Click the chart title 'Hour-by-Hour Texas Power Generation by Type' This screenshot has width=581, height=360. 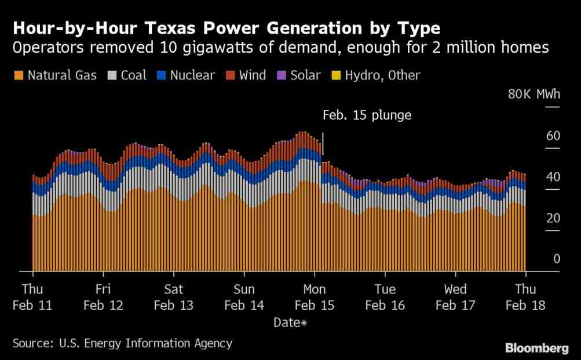click(x=226, y=28)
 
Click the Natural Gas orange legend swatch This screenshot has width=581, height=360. click(x=19, y=76)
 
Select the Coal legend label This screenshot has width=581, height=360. click(x=133, y=76)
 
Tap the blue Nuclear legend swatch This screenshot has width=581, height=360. click(x=161, y=76)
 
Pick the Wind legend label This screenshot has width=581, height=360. click(x=253, y=76)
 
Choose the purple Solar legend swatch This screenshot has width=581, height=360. click(x=282, y=76)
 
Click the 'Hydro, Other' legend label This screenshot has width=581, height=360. click(x=382, y=76)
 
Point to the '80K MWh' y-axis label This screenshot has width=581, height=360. click(x=534, y=94)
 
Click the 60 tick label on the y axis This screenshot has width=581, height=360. click(x=553, y=135)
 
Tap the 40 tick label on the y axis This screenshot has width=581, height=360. click(x=553, y=177)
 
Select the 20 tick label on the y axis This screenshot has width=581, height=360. click(x=553, y=218)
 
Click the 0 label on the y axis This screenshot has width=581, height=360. click(x=557, y=259)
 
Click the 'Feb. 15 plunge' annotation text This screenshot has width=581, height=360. click(x=367, y=115)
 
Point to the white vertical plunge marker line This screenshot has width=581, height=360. click(x=323, y=144)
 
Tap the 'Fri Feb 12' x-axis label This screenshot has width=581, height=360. click(x=103, y=297)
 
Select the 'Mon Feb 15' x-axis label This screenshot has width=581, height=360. click(x=314, y=297)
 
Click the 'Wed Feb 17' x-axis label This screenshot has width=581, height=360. click(x=455, y=297)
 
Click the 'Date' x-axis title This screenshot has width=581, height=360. click(x=287, y=322)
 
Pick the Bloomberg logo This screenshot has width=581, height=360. click(x=537, y=348)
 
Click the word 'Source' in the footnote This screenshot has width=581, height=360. click(x=32, y=343)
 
